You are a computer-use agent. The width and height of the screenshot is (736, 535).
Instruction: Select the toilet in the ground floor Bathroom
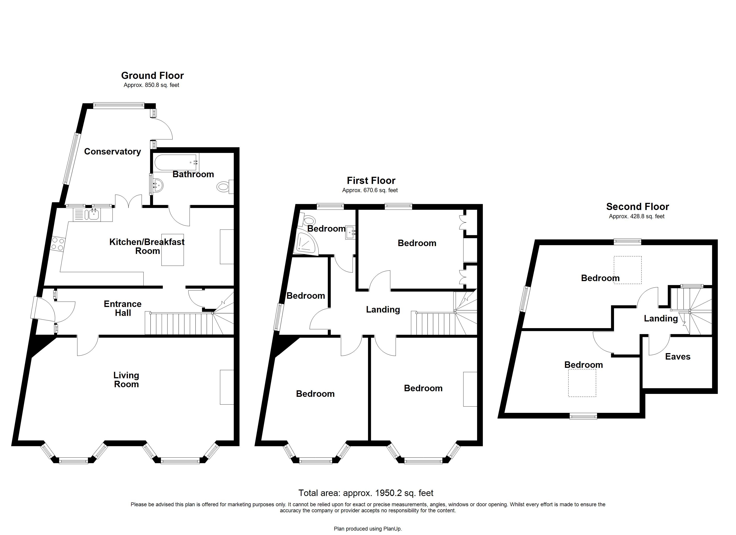tap(224, 187)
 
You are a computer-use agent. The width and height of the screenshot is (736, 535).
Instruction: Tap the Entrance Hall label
tap(123, 308)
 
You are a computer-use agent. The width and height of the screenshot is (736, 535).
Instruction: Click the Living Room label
tap(126, 380)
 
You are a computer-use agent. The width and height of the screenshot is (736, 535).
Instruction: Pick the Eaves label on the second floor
tap(678, 357)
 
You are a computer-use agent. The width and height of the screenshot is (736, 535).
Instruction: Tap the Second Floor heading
tap(637, 207)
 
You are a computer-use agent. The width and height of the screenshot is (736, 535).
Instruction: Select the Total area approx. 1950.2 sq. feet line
tap(366, 493)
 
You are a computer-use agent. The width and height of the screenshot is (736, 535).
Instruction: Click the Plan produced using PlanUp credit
tap(368, 529)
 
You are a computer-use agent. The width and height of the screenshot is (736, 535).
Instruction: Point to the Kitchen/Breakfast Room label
tap(147, 246)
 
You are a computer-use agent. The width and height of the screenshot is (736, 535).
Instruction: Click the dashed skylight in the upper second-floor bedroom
tap(627, 270)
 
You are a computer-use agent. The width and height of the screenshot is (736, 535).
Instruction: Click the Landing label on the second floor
tap(661, 319)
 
